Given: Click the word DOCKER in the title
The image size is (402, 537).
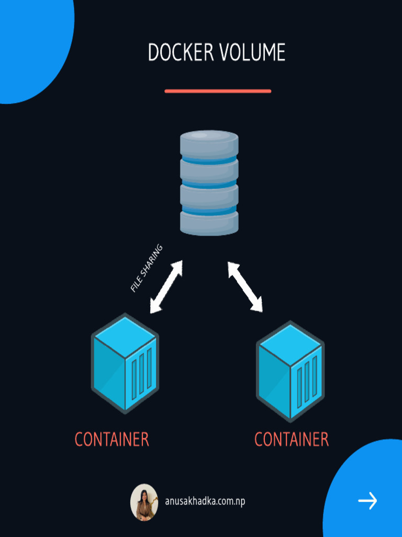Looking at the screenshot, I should point(180,53).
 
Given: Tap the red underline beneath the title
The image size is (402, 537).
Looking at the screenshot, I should point(218,91).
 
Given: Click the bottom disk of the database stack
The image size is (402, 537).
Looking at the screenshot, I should point(209,222).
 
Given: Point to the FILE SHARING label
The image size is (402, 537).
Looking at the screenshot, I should point(147,268).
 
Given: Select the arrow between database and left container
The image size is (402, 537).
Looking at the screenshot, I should point(166,287).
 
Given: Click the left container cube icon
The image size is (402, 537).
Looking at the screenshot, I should point(125,362).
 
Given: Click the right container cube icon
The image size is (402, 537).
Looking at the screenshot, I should point(290,371).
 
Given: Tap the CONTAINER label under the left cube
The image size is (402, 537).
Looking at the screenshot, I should point(112,439).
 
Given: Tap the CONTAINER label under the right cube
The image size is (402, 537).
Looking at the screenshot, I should point(292,439).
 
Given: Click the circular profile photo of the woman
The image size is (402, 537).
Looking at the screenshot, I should point(144,502).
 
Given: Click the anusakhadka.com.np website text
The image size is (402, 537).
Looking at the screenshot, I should point(205,501).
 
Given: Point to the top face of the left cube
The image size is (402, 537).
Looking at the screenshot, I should point(125,337).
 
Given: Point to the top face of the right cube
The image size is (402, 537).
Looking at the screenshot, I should point(290,345).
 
